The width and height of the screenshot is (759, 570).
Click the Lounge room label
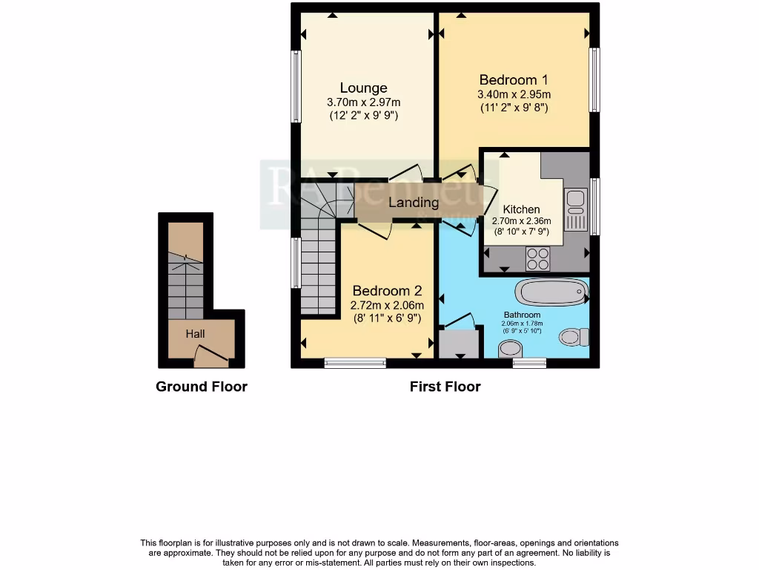(363, 88)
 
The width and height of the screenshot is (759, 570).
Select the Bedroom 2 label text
(387, 291)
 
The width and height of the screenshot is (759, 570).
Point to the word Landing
(414, 202)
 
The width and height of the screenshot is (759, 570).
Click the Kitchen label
(521, 209)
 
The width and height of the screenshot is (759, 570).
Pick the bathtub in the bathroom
(551, 292)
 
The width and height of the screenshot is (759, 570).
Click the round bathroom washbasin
(509, 348)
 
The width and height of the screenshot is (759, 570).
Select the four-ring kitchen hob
(537, 258)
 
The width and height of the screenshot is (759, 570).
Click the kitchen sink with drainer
(575, 210)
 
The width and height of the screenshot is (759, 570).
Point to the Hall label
(195, 334)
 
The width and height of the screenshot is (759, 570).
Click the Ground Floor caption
(201, 387)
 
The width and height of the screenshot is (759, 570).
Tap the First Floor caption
(445, 387)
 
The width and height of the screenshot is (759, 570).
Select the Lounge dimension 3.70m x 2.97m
(363, 102)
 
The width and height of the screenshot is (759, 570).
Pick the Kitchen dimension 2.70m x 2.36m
(521, 220)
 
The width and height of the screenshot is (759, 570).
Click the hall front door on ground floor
(211, 358)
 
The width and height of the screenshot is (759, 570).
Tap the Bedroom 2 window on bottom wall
(355, 363)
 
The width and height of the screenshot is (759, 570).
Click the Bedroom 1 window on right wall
(594, 80)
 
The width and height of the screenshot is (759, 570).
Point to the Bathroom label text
(520, 315)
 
